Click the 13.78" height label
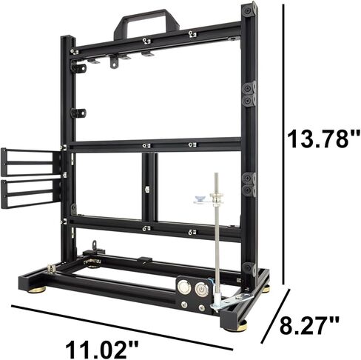pyautogui.click(x=323, y=138)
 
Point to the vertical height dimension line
pyautogui.click(x=284, y=141)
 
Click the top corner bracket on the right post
pyautogui.click(x=250, y=11)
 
